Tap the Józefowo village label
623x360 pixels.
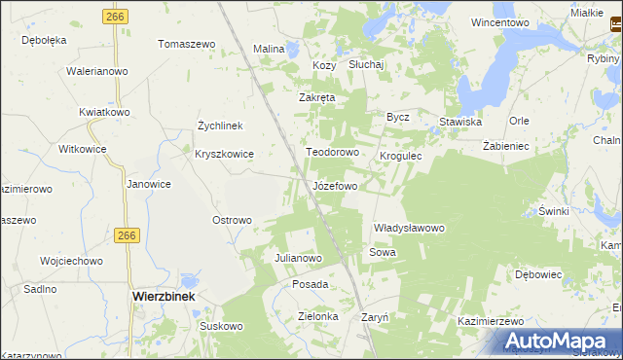pos(335,185)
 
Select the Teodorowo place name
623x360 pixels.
pos(334,153)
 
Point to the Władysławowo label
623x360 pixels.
pos(409,228)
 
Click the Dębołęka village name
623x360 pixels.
pos(44,40)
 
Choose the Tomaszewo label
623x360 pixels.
pos(186,45)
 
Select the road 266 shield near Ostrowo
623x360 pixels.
pos(126,235)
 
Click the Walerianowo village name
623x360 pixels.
pos(97,71)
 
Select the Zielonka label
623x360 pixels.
pos(317,316)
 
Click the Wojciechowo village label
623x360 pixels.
pos(71,261)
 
